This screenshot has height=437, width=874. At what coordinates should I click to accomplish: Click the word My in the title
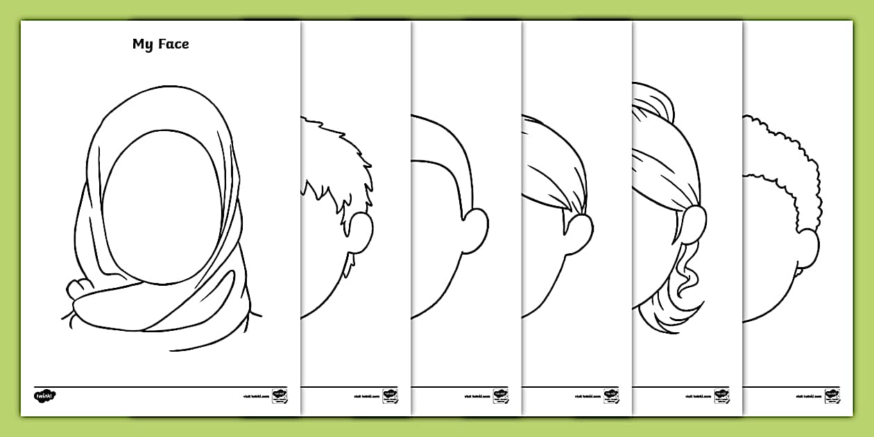coord(142,44)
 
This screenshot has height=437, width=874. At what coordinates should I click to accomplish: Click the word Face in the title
coord(172,44)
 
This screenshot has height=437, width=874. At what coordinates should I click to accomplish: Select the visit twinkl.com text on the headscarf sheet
coord(257,396)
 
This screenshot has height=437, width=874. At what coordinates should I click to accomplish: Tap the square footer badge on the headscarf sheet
coord(280,395)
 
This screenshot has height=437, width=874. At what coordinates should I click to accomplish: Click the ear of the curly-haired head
coord(807,246)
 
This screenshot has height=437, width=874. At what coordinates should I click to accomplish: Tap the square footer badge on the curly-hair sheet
coord(832,395)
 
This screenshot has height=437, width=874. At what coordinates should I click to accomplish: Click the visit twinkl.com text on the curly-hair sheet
coord(809,396)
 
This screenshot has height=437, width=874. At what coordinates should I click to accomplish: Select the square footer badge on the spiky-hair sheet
coord(391,395)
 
